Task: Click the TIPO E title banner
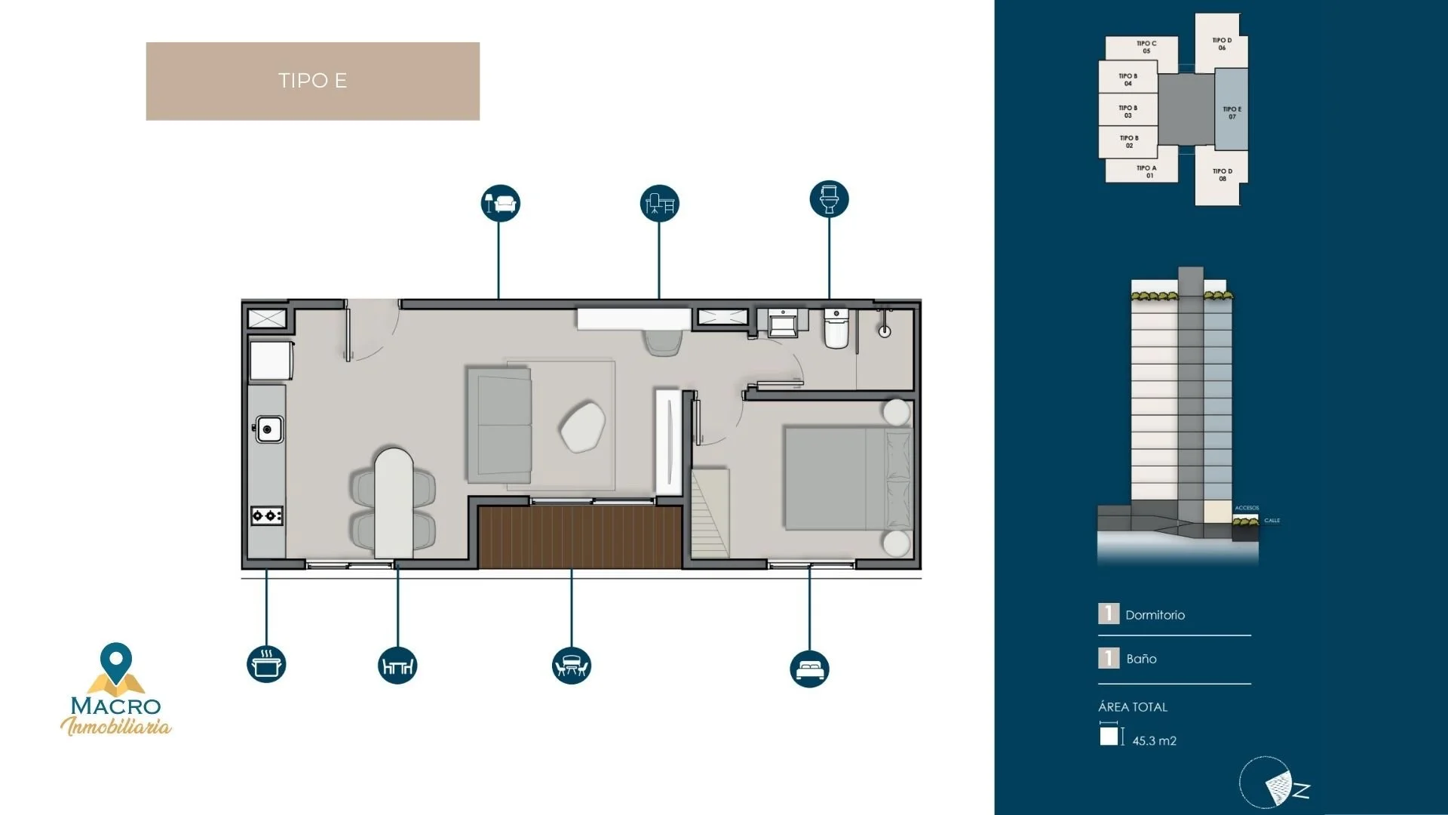coord(312,81)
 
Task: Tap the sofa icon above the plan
coord(500,203)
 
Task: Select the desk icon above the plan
coord(659,203)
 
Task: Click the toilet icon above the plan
coord(829,199)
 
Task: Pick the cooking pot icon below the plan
coord(266,664)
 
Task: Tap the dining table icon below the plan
coord(397,666)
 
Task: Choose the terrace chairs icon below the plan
coord(571,666)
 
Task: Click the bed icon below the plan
coord(809,669)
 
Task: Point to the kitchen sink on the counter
coord(268,429)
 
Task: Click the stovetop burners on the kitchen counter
coord(267,516)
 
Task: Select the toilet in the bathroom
coord(836,329)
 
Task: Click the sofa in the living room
coord(499,425)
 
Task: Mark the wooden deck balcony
coord(579,537)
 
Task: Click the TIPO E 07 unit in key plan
coord(1231,110)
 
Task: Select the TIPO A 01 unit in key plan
coord(1141,171)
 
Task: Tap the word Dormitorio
coord(1155,615)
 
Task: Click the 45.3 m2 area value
coord(1154,741)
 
